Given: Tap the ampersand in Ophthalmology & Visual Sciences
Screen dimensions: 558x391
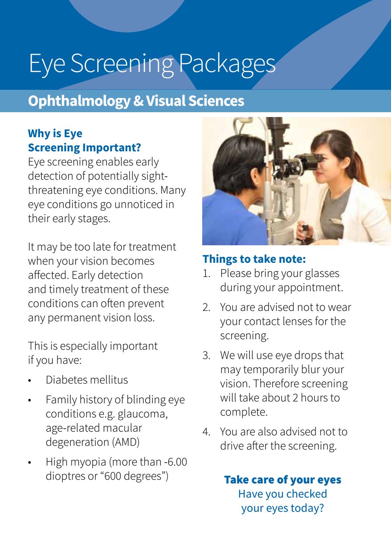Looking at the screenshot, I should pos(138,101).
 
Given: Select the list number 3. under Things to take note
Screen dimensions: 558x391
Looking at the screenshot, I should pos(207,355).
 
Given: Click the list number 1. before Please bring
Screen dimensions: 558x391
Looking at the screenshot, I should pos(207,273).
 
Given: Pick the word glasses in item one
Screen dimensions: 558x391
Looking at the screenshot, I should pos(321,273).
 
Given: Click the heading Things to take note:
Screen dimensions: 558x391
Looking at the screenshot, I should pos(254,259).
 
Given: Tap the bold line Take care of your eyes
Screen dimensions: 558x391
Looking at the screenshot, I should pos(282,479).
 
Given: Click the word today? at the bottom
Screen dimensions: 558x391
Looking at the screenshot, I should pos(305,508).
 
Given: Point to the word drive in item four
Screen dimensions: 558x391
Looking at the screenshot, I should pos(232,446).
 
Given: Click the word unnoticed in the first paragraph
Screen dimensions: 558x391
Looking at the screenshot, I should pos(137,205).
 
